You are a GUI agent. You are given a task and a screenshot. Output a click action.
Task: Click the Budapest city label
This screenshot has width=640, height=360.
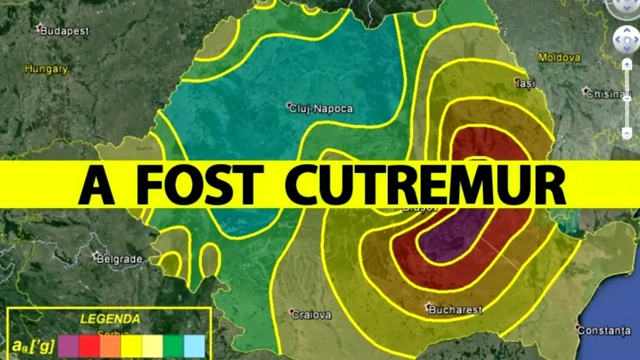[x=64, y=31]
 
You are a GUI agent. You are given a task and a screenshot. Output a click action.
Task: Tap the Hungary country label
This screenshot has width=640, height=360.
[x=46, y=70]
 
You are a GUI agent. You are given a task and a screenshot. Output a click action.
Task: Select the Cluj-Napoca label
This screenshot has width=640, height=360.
[x=320, y=108]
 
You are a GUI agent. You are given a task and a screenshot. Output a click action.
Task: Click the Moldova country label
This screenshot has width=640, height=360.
[x=559, y=58]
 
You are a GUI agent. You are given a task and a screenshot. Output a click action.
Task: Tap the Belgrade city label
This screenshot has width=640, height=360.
[x=119, y=259]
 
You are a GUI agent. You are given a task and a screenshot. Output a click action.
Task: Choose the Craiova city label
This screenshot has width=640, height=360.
[x=311, y=314]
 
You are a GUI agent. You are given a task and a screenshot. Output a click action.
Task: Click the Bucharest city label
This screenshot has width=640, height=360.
[x=455, y=309]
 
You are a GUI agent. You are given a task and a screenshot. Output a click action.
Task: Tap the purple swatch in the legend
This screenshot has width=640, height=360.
[x=68, y=346]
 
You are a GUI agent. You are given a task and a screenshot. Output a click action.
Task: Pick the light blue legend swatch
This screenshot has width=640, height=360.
[x=194, y=346]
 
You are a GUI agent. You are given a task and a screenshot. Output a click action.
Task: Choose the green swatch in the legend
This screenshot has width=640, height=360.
[x=173, y=346]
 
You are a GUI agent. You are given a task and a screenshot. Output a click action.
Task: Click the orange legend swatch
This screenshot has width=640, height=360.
[x=110, y=346]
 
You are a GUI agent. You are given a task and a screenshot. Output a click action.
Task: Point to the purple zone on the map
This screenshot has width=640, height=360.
[x=452, y=234]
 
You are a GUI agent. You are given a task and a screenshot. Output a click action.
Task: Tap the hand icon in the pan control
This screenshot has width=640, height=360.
[x=626, y=39]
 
